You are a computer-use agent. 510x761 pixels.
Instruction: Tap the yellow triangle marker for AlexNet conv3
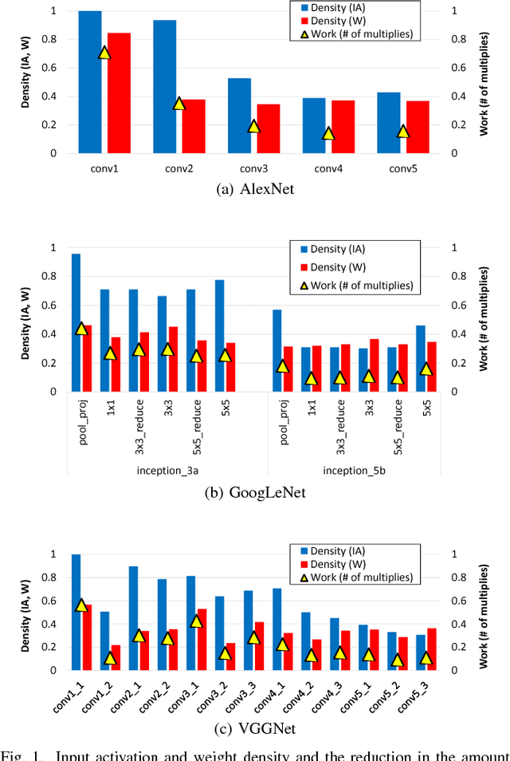pos(254,126)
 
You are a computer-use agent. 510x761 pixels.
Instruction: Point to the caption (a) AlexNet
pos(254,190)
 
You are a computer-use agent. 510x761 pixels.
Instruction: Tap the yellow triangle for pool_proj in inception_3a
pos(81,329)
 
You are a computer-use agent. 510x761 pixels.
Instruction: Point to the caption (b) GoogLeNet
pos(254,493)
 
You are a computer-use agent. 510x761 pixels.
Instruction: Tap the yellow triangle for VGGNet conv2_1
pos(139,636)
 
